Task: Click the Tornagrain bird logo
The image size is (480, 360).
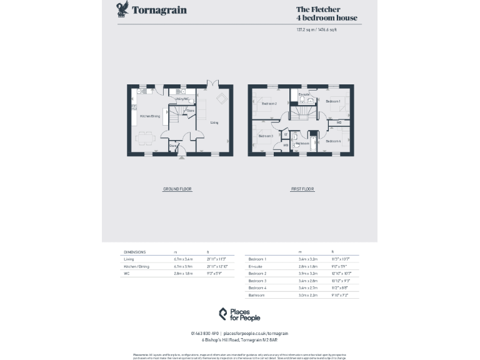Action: pyautogui.click(x=122, y=9)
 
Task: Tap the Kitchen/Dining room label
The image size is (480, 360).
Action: pyautogui.click(x=150, y=116)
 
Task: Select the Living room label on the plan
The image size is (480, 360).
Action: pyautogui.click(x=214, y=122)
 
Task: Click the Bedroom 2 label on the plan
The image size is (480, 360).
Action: pyautogui.click(x=269, y=103)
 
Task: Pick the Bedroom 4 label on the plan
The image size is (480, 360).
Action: pyautogui.click(x=333, y=141)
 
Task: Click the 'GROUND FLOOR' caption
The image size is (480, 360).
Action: pyautogui.click(x=177, y=189)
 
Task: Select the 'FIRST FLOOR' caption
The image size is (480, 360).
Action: pyautogui.click(x=302, y=189)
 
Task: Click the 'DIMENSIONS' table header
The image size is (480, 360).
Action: pyautogui.click(x=134, y=251)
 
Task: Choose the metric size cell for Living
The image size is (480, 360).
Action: pyautogui.click(x=184, y=259)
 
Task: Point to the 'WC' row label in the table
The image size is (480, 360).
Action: pyautogui.click(x=126, y=274)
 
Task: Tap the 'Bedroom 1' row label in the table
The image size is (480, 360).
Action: pyautogui.click(x=257, y=259)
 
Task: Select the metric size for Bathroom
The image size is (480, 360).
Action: pyautogui.click(x=307, y=295)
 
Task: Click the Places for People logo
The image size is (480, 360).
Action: pyautogui.click(x=239, y=314)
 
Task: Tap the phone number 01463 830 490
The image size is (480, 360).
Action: pyautogui.click(x=204, y=334)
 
